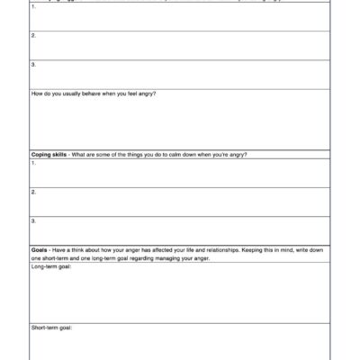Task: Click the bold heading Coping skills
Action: click(x=49, y=155)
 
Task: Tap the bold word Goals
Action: click(x=40, y=250)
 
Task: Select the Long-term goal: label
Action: click(x=50, y=266)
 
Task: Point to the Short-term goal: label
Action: click(x=51, y=328)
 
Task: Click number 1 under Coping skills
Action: click(x=33, y=163)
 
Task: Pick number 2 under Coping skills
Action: click(x=33, y=192)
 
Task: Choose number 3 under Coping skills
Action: click(x=33, y=220)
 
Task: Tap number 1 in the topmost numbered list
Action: click(x=33, y=7)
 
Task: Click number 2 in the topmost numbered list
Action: click(x=33, y=36)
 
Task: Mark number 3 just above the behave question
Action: click(x=33, y=65)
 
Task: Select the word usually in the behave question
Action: click(x=76, y=94)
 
